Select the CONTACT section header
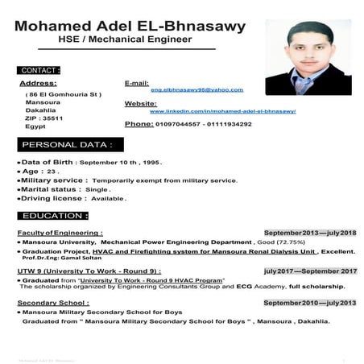[x=39, y=70]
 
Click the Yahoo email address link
[x=196, y=90]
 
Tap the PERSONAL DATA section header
[x=67, y=145]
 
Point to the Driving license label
[x=53, y=198]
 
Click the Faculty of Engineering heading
[x=60, y=233]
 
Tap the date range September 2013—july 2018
[x=309, y=233]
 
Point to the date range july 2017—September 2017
[x=310, y=271]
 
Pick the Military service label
[x=54, y=180]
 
